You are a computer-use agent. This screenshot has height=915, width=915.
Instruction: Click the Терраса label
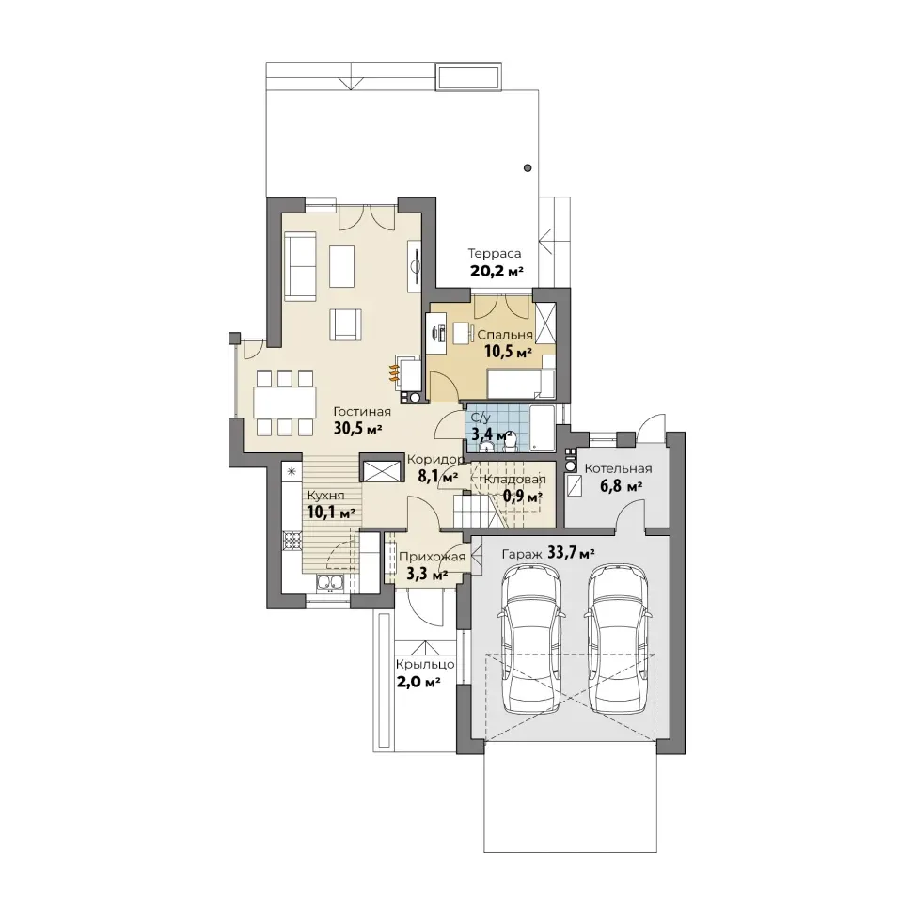tap(495, 254)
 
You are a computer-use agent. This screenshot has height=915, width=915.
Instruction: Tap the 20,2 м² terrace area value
tap(496, 272)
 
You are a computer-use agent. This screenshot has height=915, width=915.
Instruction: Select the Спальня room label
tap(505, 335)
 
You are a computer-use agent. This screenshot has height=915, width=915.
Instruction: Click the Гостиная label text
tap(362, 411)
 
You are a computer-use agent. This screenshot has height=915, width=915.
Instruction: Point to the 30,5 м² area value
tap(357, 429)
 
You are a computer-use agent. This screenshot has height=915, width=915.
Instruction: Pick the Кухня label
tap(325, 496)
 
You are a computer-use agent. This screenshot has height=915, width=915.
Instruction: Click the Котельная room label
tap(618, 468)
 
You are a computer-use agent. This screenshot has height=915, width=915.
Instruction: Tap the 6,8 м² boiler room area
tap(621, 485)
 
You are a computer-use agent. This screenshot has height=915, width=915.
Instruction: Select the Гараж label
tap(522, 554)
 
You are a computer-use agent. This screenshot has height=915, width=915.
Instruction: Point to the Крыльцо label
tap(425, 665)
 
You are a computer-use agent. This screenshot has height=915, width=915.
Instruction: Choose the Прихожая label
tap(432, 557)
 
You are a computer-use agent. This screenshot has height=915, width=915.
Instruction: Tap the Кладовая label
tap(514, 480)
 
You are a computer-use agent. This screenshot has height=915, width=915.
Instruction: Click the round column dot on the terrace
tap(528, 168)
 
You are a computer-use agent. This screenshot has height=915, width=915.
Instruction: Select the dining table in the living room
tap(285, 402)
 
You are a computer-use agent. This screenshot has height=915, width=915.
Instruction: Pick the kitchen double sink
tap(330, 582)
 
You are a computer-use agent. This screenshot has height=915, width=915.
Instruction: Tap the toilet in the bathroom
tap(510, 446)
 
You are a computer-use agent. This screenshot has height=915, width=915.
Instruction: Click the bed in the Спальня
tap(521, 383)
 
